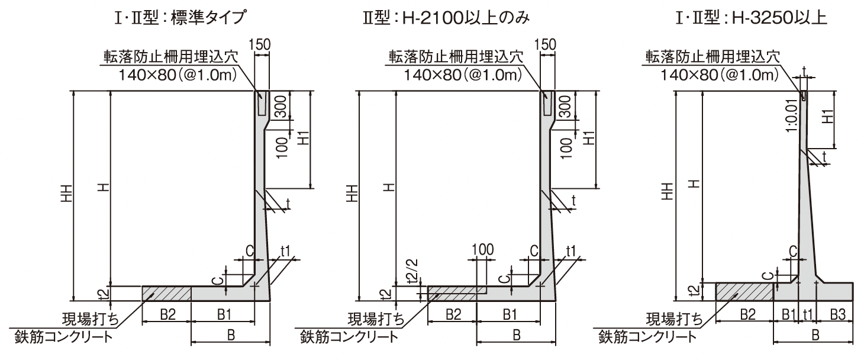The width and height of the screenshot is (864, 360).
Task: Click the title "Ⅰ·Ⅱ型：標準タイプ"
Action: (180, 18)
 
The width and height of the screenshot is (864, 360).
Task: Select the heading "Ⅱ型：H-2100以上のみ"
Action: (446, 18)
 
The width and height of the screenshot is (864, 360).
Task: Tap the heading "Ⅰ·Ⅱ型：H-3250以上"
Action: (751, 18)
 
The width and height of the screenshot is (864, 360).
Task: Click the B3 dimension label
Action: (837, 314)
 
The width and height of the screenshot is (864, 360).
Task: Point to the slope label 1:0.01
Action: (791, 114)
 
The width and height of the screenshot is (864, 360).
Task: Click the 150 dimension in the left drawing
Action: (260, 44)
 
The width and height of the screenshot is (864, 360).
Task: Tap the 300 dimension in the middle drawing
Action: (565, 107)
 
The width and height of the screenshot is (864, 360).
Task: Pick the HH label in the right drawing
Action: (667, 191)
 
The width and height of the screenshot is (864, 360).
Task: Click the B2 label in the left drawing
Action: (168, 314)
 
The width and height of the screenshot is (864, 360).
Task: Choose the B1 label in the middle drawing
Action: (510, 314)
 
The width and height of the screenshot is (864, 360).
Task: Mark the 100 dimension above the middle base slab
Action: (482, 250)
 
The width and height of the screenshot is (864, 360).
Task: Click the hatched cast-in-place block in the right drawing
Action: (744, 292)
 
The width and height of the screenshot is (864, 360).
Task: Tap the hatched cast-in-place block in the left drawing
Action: (167, 294)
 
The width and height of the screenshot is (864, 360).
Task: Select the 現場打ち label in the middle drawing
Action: (376, 319)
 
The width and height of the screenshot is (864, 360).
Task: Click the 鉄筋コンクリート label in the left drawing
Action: (64, 337)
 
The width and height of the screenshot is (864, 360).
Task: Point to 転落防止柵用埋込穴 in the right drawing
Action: (713, 57)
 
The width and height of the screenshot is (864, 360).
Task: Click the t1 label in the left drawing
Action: (285, 251)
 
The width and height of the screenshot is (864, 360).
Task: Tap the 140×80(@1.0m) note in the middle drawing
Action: (463, 75)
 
